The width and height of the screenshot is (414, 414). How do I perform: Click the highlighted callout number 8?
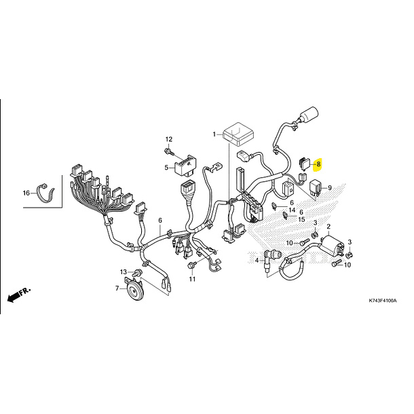[318, 164]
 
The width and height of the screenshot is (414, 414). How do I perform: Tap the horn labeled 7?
[134, 288]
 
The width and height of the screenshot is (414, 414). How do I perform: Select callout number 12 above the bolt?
[169, 139]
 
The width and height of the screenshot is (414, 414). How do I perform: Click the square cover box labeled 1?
[238, 134]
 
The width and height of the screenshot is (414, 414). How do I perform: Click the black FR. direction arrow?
[15, 296]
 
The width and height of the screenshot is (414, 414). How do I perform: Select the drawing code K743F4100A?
[383, 301]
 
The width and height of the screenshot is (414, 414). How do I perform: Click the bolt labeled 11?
[191, 265]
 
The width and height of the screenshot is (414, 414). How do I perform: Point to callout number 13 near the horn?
[124, 272]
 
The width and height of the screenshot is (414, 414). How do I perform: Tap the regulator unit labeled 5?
[185, 166]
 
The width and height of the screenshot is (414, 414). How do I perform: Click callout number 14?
[292, 210]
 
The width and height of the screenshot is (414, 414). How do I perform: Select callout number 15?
[301, 219]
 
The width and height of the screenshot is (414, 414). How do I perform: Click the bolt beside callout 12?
[169, 151]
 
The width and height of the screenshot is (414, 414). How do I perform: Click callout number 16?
[26, 193]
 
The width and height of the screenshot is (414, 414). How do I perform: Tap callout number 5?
[166, 168]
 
